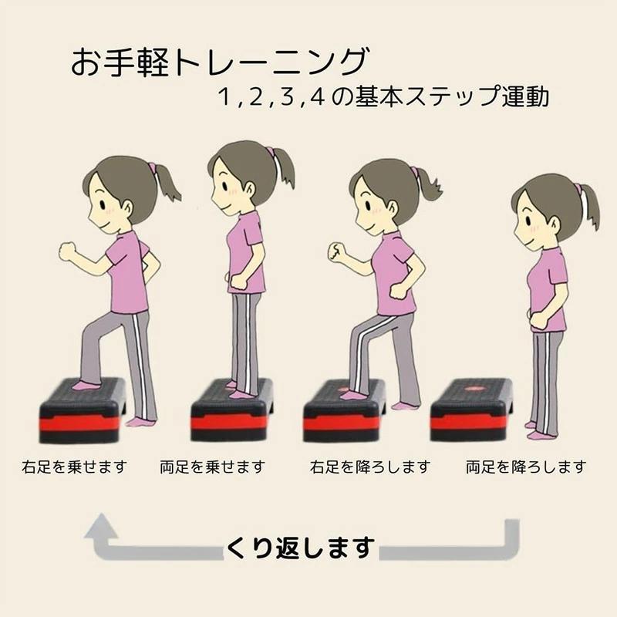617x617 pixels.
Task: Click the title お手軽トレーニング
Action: point(221,62)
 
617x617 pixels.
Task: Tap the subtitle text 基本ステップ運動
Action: point(452,96)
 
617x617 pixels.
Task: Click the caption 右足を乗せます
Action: point(75,467)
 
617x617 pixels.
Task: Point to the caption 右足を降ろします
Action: point(369,467)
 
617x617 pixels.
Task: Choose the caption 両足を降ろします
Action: point(526,467)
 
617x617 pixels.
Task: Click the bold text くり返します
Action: point(300,548)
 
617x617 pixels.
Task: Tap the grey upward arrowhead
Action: point(101,526)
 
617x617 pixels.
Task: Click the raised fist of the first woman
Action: point(69,251)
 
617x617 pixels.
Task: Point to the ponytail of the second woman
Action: point(284,168)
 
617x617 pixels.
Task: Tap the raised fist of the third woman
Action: point(337,253)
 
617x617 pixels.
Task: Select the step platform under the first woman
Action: point(82,410)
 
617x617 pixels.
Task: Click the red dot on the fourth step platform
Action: point(470,389)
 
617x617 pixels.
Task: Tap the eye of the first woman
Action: point(102,204)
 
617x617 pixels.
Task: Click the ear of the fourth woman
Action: point(555,224)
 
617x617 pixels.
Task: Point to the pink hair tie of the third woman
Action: point(414,172)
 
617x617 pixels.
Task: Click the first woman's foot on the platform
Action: point(87,386)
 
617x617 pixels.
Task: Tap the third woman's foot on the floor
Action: point(406,406)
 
